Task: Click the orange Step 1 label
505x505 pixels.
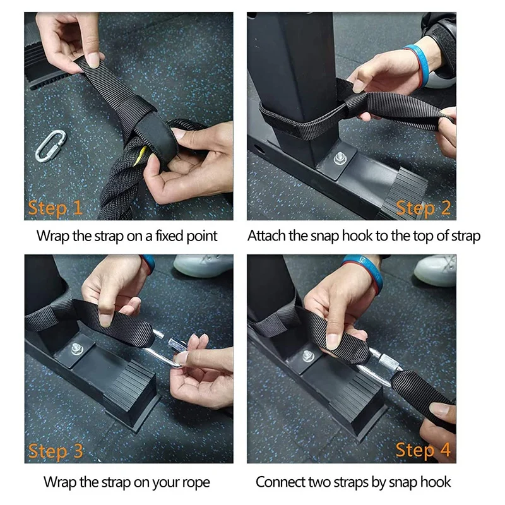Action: [x=55, y=208]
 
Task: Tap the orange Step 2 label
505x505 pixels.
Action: [x=423, y=208]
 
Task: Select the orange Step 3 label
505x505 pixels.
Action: [x=56, y=451]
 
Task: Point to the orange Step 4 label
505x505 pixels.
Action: [x=423, y=450]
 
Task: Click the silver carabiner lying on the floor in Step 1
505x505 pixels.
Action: [x=50, y=146]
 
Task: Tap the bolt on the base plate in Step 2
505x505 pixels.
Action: [x=340, y=158]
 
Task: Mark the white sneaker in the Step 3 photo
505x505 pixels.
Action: [x=203, y=265]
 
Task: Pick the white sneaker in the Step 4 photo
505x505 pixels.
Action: [x=435, y=270]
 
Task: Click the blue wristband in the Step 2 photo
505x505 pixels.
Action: [x=419, y=66]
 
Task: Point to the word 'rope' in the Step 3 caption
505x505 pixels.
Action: [x=196, y=483]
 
